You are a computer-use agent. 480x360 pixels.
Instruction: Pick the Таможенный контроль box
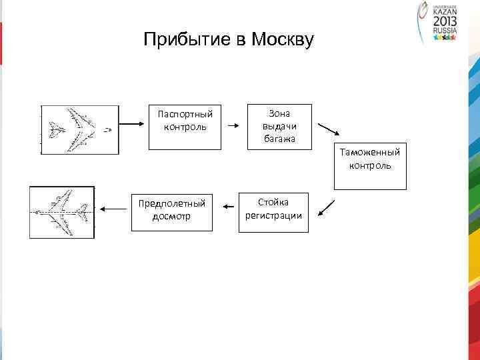(x=370, y=167)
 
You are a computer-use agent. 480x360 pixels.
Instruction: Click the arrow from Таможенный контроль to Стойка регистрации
(x=327, y=207)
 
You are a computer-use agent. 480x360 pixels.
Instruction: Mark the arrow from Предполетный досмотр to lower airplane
(x=113, y=209)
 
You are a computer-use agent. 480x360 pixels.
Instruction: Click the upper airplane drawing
(x=80, y=130)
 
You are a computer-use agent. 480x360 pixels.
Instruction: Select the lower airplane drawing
(x=62, y=212)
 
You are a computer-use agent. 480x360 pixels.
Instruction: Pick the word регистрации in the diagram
(x=273, y=215)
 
